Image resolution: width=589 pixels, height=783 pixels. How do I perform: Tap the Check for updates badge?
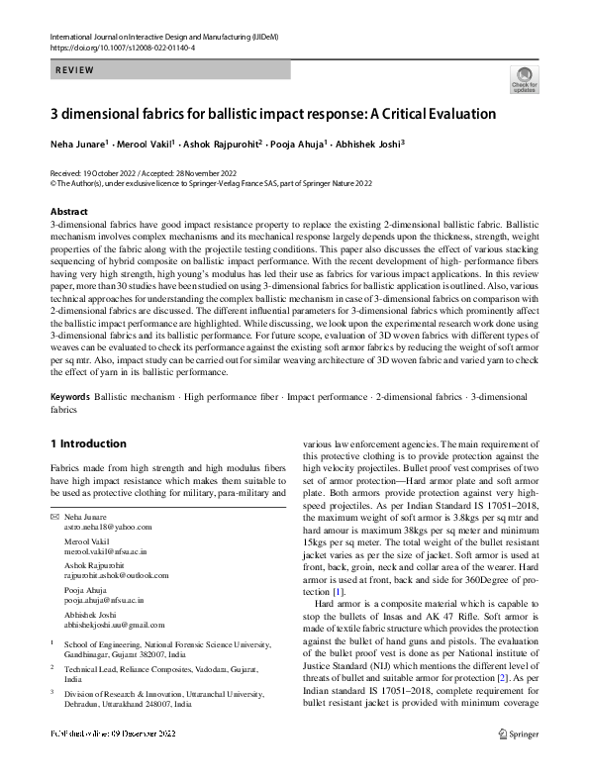pyautogui.click(x=524, y=79)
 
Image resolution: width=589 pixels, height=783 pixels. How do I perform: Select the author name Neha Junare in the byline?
pyautogui.click(x=81, y=144)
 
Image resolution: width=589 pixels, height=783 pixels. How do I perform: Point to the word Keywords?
pyautogui.click(x=70, y=396)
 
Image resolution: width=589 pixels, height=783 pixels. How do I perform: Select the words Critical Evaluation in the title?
pyautogui.click(x=440, y=113)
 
